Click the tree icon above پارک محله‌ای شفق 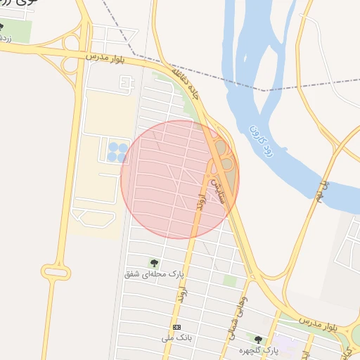click(154, 262)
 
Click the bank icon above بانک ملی click(176, 328)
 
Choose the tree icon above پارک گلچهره click(258, 339)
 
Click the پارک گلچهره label click(257, 349)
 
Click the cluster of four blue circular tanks click(117, 152)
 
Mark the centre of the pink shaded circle click(180, 179)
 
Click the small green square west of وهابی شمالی click(229, 281)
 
